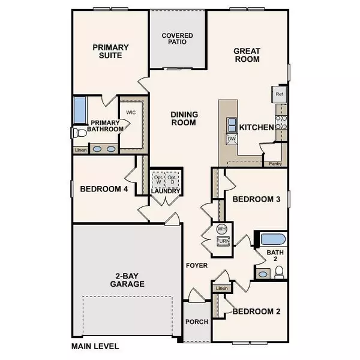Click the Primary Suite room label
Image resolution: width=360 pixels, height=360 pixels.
coord(107,50)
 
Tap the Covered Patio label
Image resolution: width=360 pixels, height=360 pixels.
coord(177,39)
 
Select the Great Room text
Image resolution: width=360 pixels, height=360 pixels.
coord(246,55)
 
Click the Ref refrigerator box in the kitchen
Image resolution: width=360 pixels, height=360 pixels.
coord(279,94)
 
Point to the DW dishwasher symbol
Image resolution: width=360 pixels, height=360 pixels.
coord(231,139)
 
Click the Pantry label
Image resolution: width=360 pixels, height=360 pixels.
coord(275,163)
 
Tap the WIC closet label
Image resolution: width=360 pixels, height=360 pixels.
coord(131,112)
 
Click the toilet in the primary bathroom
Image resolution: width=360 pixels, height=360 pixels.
coord(77,133)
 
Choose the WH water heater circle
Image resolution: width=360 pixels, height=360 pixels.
coord(221,229)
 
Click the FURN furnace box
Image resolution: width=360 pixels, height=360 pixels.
coord(222,241)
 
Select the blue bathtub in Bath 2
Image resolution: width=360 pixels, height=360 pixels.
coord(273,239)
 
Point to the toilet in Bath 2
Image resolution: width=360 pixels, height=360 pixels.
coord(278,273)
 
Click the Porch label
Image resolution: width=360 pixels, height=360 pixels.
coord(197,322)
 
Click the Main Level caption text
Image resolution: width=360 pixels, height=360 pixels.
coord(95,346)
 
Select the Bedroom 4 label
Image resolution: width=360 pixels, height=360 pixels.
coord(104,190)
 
